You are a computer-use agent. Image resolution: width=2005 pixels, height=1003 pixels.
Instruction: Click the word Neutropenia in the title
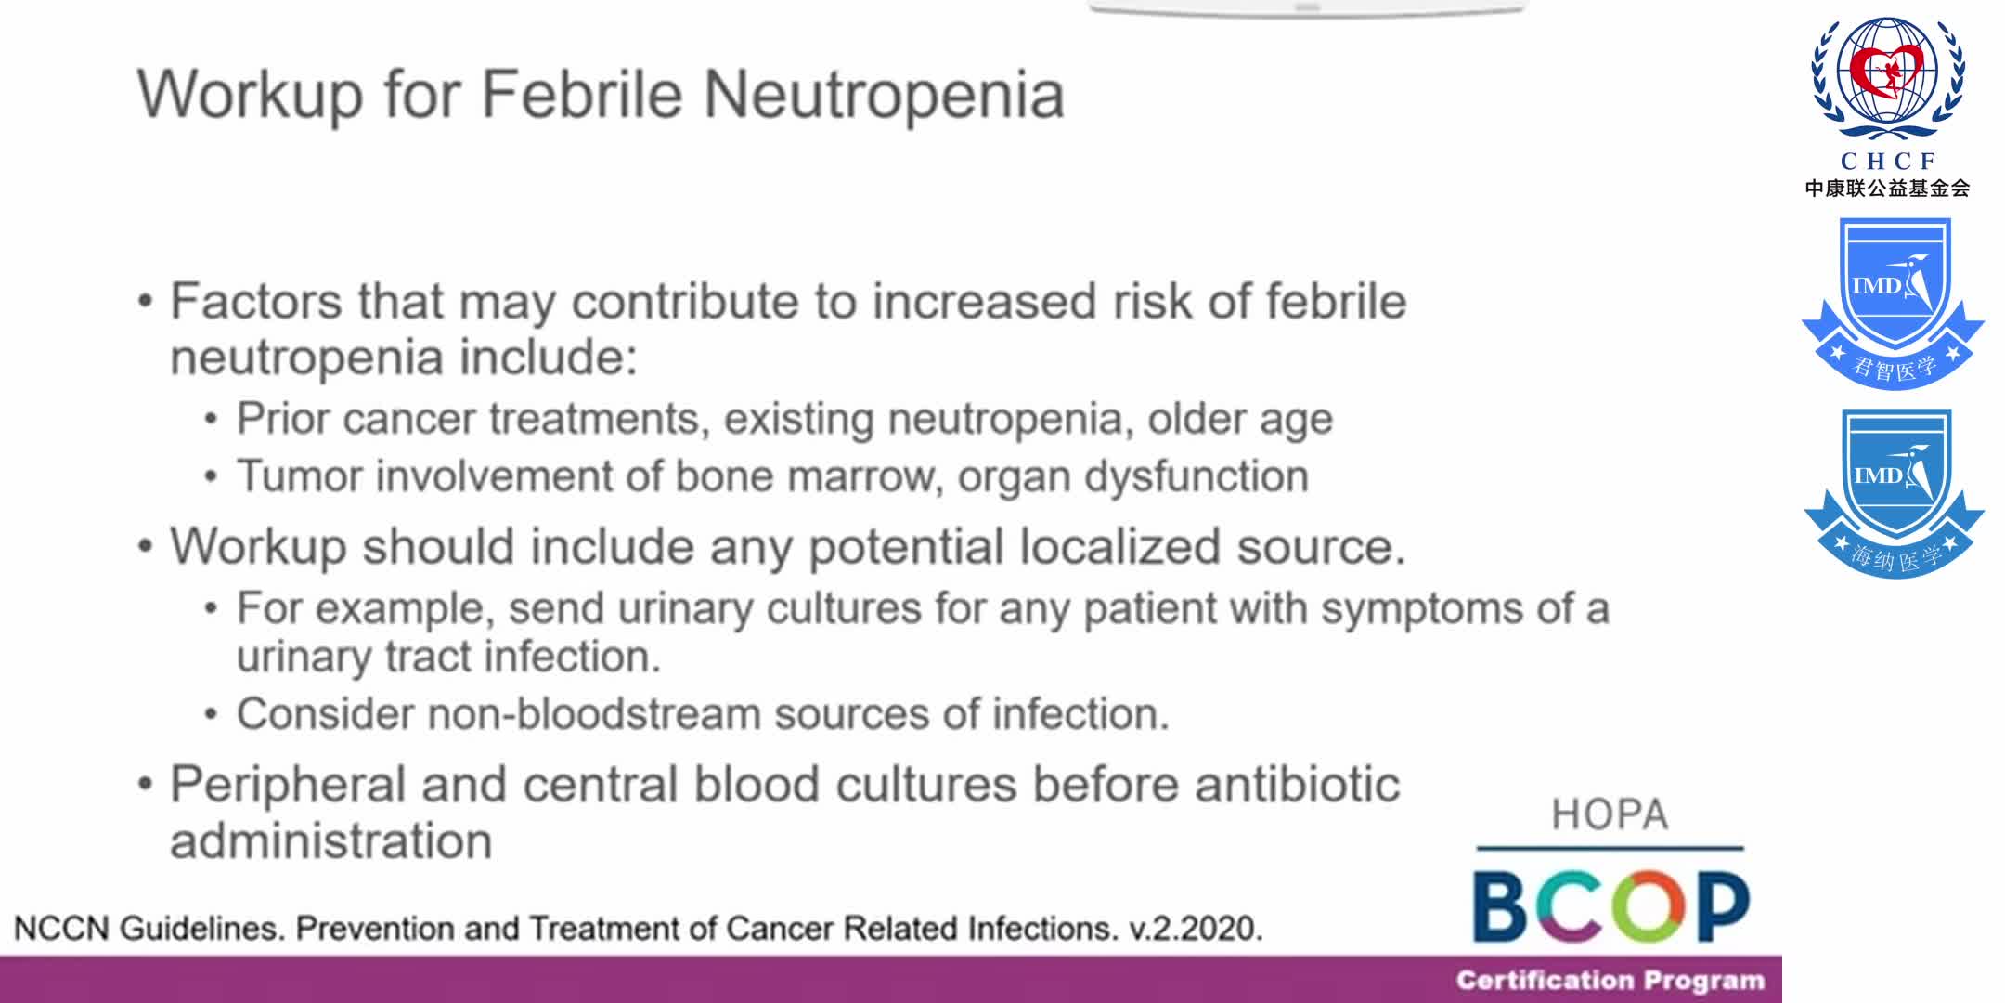pos(884,95)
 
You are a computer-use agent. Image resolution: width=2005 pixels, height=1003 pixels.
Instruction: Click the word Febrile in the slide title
pos(582,95)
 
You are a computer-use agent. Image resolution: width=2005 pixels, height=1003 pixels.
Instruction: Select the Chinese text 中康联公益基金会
pos(1887,189)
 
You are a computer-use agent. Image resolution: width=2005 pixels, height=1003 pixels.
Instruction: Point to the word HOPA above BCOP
pos(1610,815)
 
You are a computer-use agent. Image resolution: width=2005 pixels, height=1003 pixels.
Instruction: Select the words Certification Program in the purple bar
pos(1610,981)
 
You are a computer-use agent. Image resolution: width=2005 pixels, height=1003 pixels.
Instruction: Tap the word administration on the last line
pos(330,841)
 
